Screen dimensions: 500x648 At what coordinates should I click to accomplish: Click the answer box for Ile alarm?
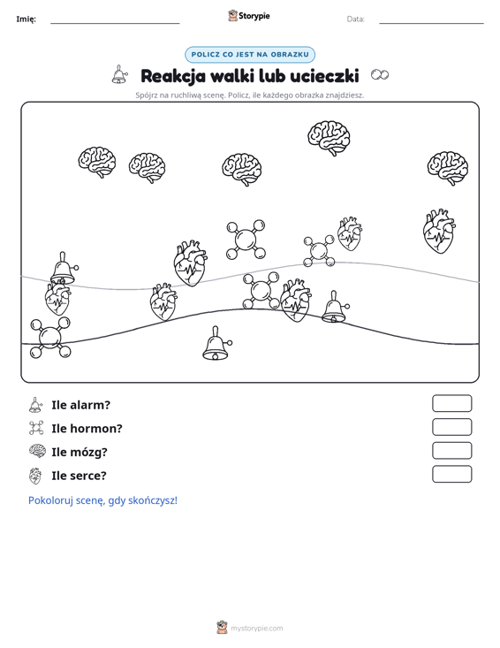coord(451,403)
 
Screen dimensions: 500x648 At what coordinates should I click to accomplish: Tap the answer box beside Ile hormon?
coord(451,427)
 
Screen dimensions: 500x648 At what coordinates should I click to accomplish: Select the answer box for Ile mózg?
coord(451,451)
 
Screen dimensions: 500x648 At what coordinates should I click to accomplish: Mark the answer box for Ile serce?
coord(451,474)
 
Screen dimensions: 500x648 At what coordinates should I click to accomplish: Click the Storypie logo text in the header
coord(254,16)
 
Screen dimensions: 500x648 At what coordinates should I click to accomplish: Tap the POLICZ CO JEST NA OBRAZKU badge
coord(250,55)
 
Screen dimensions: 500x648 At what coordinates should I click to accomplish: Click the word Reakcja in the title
coord(173,76)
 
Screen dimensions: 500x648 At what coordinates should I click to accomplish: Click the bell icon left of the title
coord(119,74)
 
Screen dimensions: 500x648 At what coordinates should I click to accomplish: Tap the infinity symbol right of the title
coord(380,75)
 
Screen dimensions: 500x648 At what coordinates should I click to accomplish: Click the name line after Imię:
coord(115,23)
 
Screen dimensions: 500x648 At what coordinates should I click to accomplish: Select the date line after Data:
coord(431,23)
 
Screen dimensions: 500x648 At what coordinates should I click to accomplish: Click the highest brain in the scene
coord(329,138)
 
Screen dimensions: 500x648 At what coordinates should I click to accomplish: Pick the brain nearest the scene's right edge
coord(448,168)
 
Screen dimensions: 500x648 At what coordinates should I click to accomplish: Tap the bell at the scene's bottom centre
coord(216,343)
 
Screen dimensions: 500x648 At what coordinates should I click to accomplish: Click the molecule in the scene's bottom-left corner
coord(50,337)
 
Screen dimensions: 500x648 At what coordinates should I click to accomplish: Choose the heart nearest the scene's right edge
coord(439,232)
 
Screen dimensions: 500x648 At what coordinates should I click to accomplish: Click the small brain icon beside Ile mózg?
coord(37,451)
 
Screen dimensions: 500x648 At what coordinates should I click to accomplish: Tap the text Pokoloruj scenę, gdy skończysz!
coord(102,500)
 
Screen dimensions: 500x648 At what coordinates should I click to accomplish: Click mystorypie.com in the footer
coord(256,629)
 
